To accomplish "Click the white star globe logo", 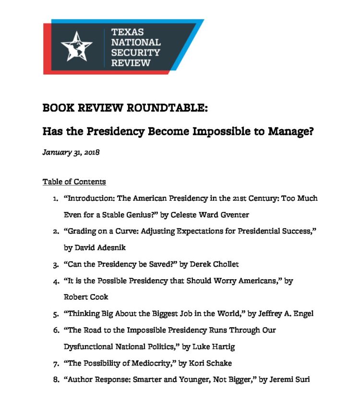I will pyautogui.click(x=76, y=46).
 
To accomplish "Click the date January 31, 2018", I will pyautogui.click(x=71, y=152).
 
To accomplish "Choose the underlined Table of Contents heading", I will pyautogui.click(x=74, y=182).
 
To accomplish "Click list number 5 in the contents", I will pyautogui.click(x=56, y=314).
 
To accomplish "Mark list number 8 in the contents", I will pyautogui.click(x=56, y=380).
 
